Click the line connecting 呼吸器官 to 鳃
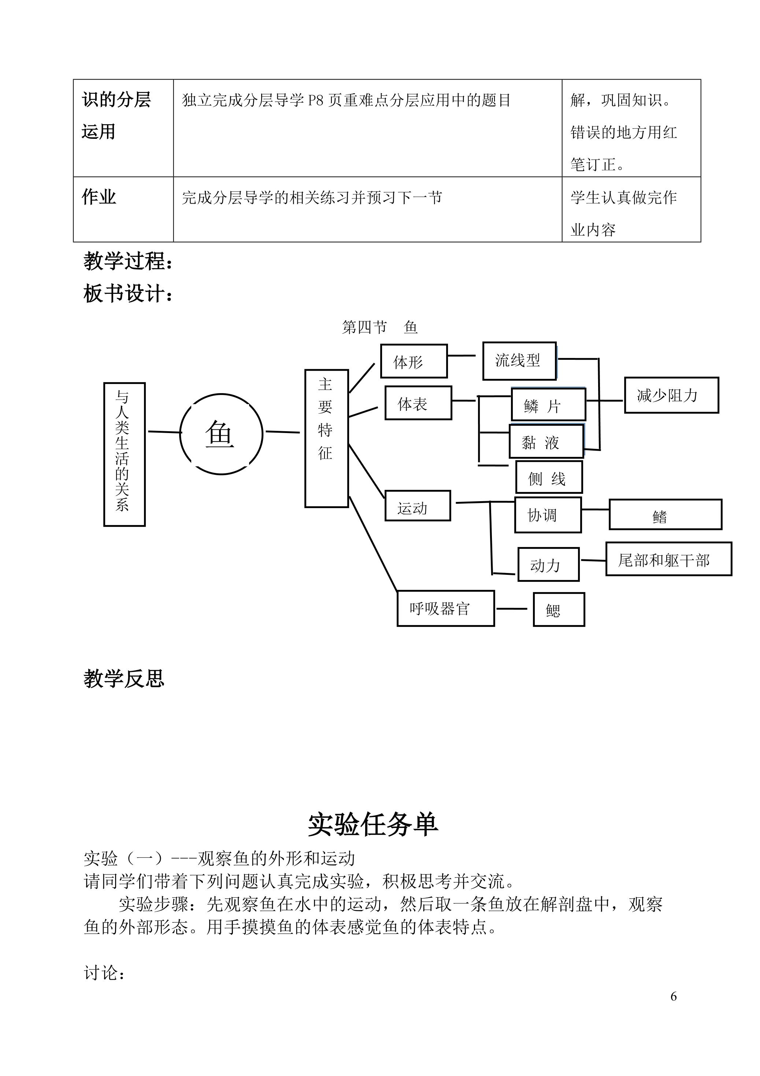point(512,609)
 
